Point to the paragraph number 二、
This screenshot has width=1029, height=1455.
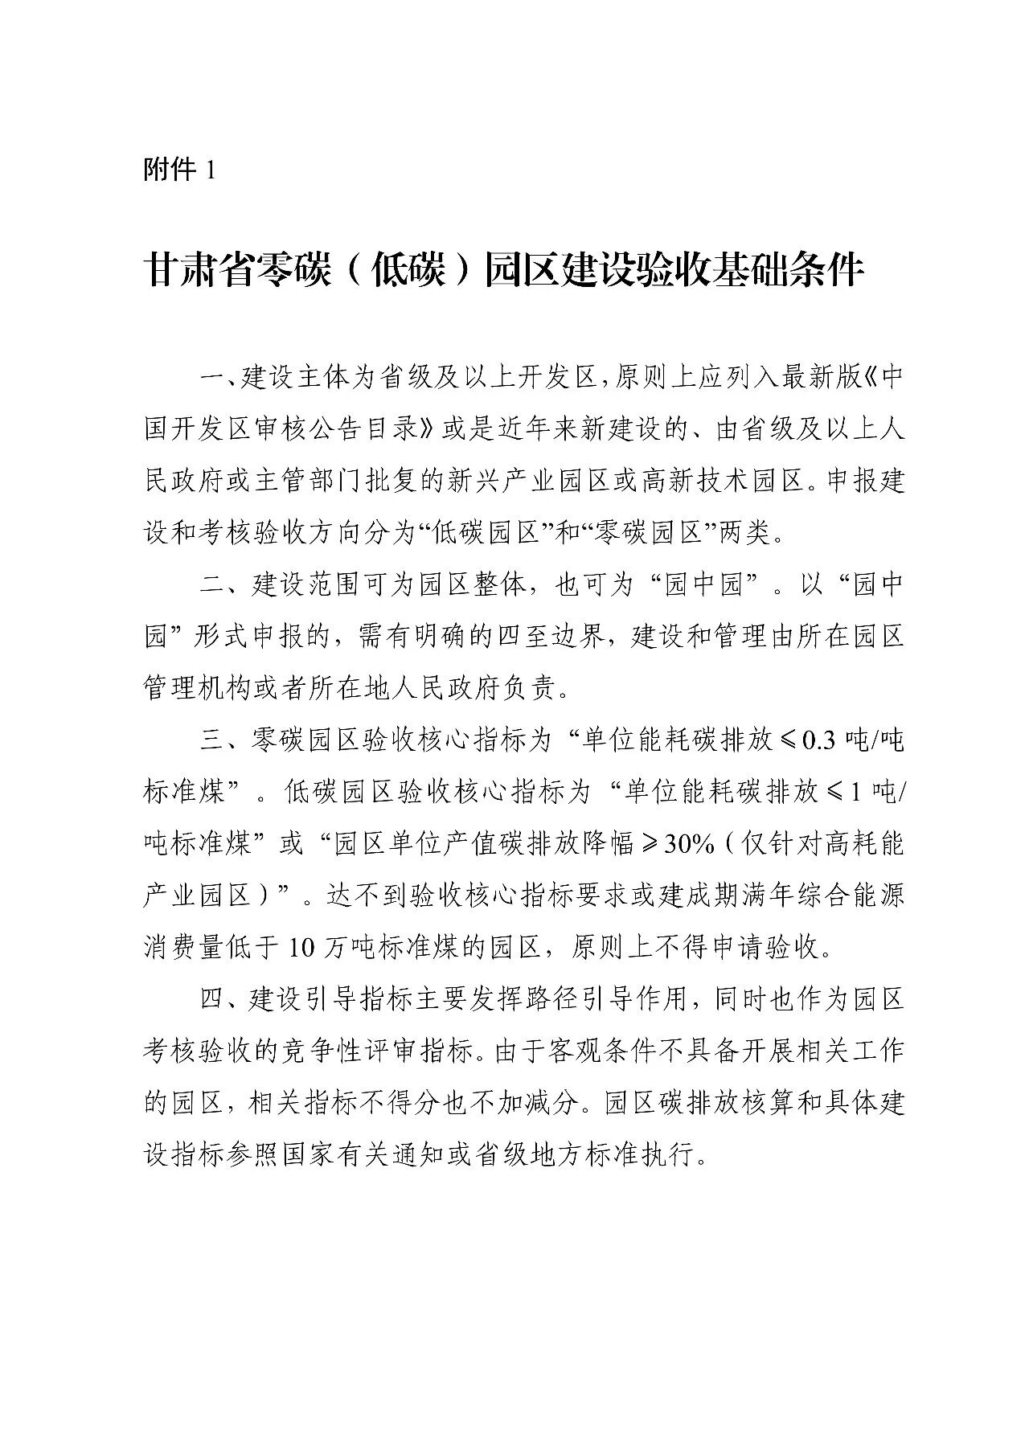click(215, 585)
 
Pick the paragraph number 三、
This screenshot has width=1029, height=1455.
click(215, 740)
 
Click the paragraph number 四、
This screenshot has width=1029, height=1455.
click(215, 999)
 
